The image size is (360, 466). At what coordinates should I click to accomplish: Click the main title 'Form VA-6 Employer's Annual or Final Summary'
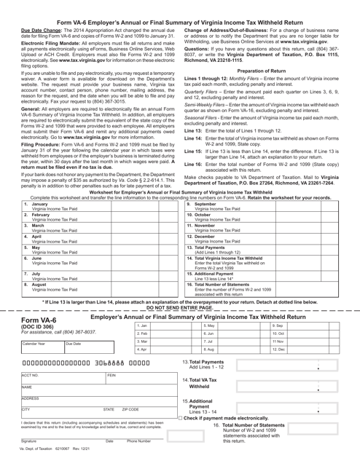coord(179,5)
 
